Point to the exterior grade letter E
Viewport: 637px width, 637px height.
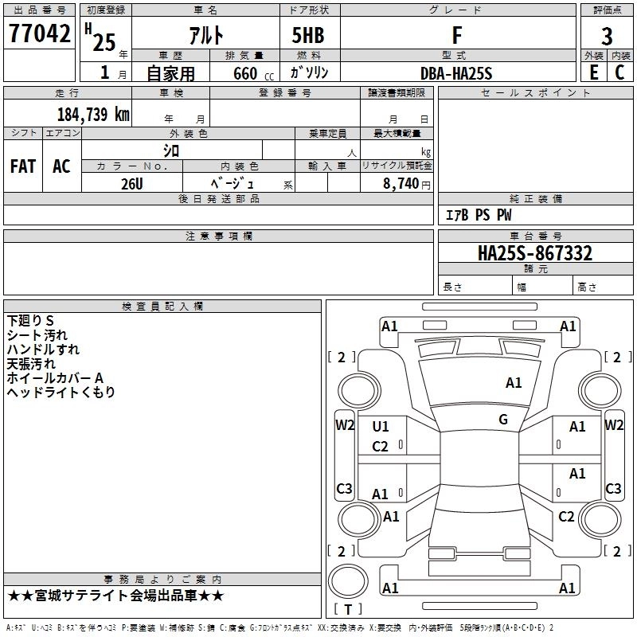[x=593, y=72]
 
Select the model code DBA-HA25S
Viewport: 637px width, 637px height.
[x=456, y=73]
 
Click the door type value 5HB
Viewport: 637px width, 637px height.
[x=308, y=35]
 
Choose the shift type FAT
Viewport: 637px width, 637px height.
[x=23, y=166]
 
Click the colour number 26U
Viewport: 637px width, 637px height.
[x=132, y=182]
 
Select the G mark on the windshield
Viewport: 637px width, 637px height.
[x=503, y=420]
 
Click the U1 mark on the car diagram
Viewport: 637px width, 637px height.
[x=381, y=427]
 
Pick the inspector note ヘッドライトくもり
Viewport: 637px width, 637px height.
[x=61, y=393]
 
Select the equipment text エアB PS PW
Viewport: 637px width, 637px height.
[x=478, y=215]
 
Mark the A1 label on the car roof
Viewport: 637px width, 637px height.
[x=514, y=383]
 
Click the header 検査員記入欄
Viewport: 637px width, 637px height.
[x=162, y=307]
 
